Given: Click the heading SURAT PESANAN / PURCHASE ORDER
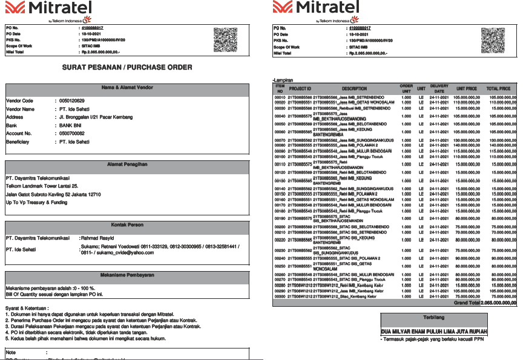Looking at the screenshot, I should click(x=127, y=67).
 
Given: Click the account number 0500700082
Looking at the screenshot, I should click(x=72, y=133).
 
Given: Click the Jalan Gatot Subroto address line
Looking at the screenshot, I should click(x=53, y=194).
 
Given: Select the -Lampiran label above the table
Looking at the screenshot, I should click(x=283, y=80).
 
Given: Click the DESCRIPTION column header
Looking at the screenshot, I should click(x=354, y=88).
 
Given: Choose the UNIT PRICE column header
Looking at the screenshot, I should click(x=466, y=88).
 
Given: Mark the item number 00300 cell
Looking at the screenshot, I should click(x=280, y=296).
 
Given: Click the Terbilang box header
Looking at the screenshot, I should click(x=434, y=318).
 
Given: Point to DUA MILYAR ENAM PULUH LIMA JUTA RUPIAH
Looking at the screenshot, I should click(x=434, y=332).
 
